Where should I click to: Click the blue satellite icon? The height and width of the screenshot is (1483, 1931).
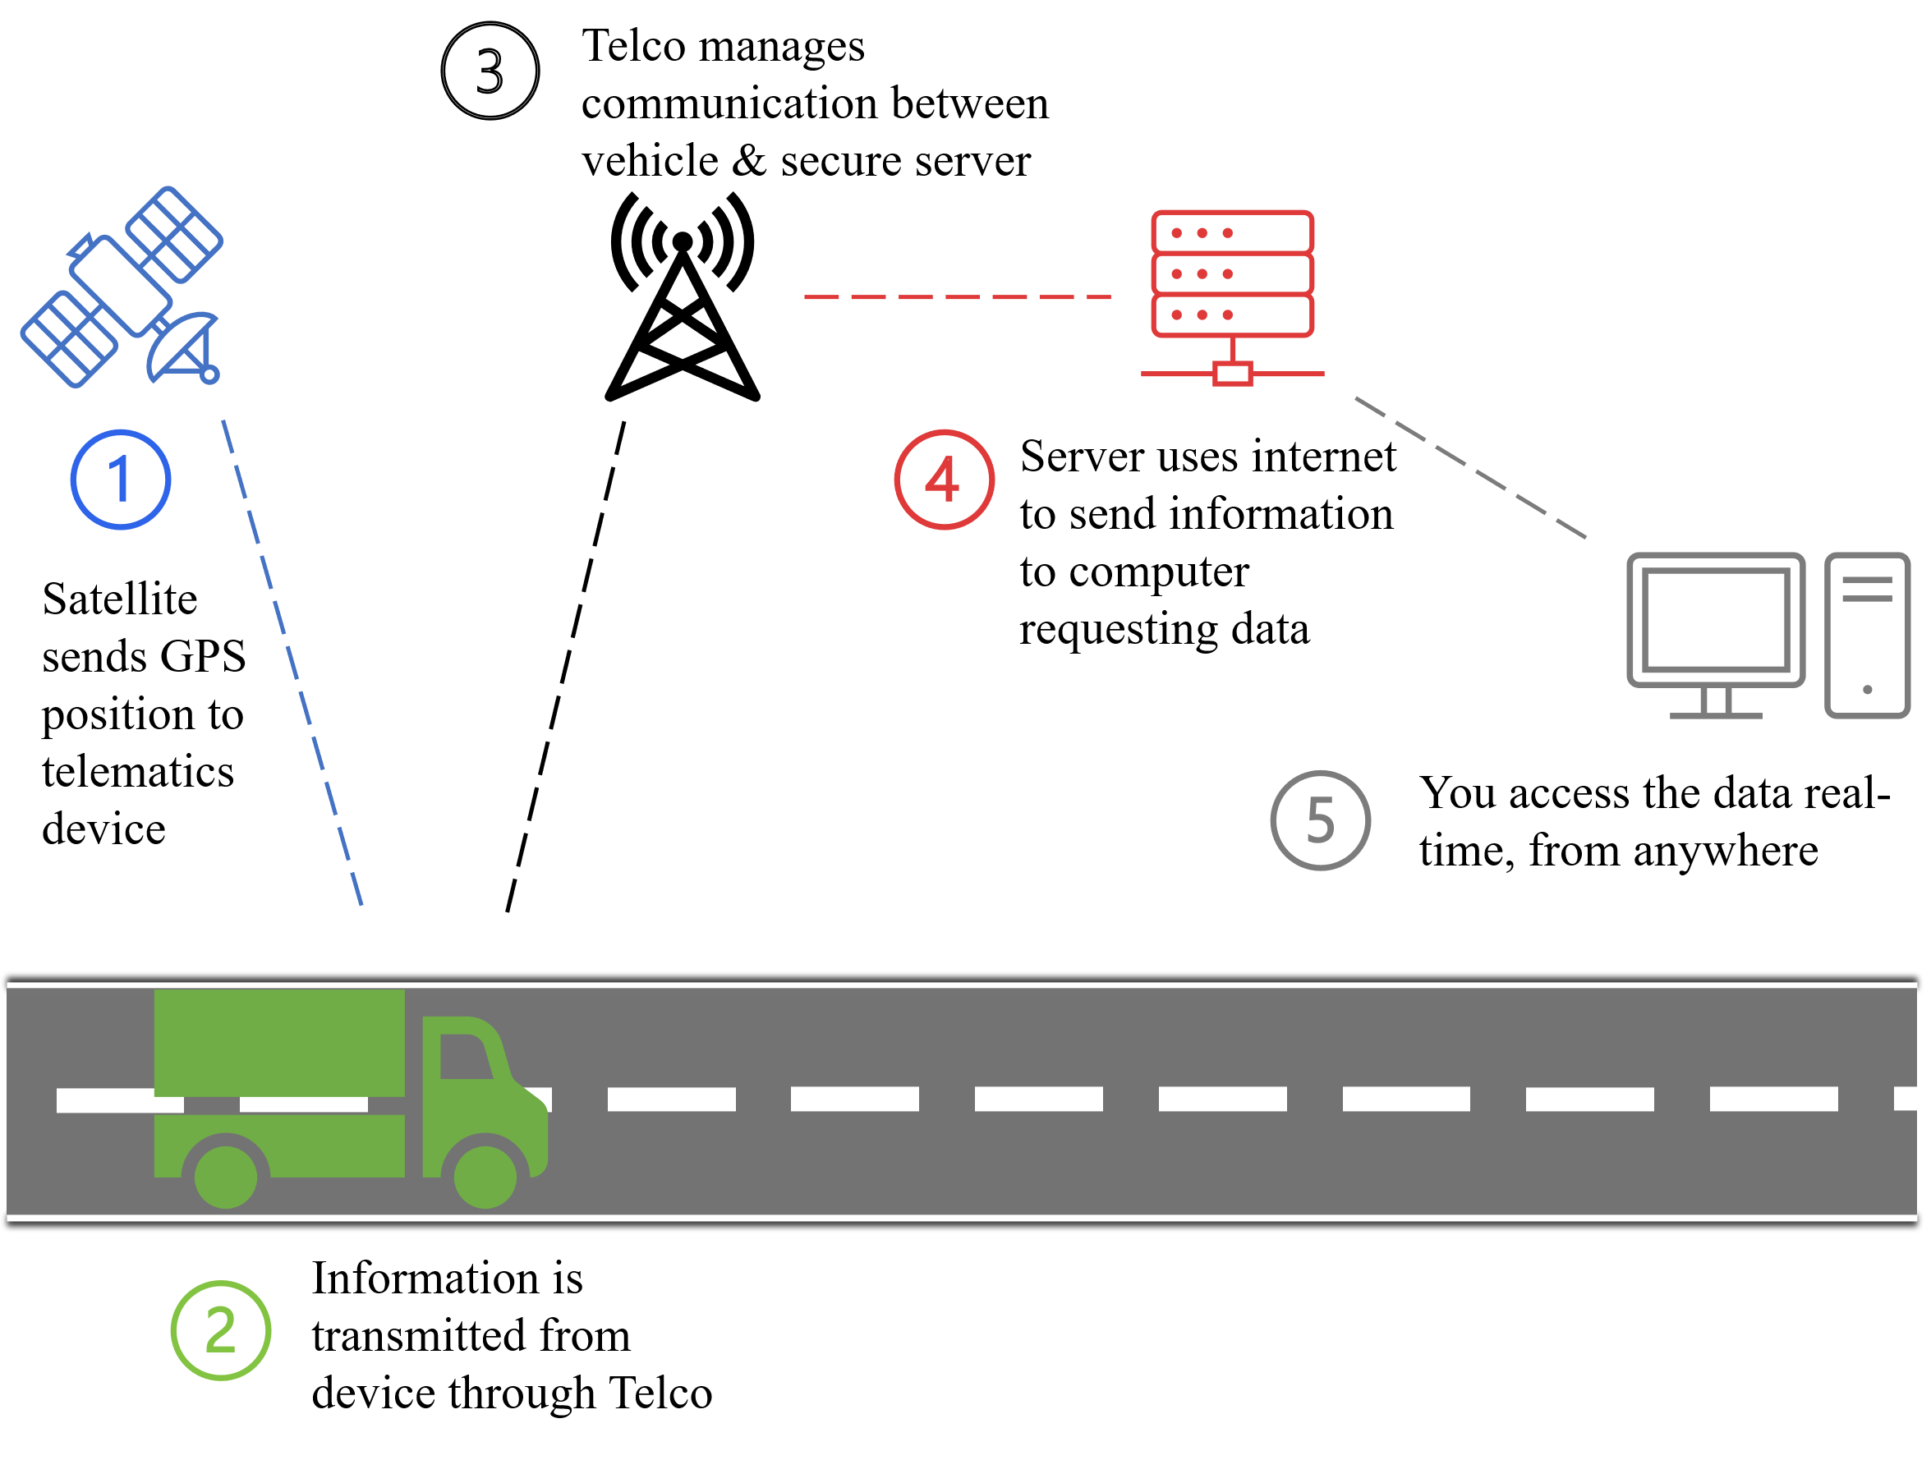click(121, 287)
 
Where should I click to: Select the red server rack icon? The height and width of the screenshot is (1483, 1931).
click(1233, 297)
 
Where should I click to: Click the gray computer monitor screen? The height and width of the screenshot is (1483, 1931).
click(1716, 620)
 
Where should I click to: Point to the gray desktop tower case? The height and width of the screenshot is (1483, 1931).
click(1867, 636)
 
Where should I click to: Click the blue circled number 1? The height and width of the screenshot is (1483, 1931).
click(120, 480)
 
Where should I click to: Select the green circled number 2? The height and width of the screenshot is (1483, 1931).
click(221, 1330)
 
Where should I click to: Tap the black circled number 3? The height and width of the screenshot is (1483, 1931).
click(490, 71)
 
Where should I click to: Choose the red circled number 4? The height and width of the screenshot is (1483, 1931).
click(944, 480)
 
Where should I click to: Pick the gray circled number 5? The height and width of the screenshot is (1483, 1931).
click(1320, 820)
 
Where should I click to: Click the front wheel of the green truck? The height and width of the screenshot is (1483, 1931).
click(485, 1177)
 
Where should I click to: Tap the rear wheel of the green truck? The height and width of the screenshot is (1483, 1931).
click(225, 1177)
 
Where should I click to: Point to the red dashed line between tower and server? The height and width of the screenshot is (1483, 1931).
click(957, 296)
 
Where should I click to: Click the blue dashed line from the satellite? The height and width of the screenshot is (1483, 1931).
click(292, 663)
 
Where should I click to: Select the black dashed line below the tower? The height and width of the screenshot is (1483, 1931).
click(566, 667)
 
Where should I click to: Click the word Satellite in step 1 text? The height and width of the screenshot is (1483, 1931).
click(119, 599)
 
